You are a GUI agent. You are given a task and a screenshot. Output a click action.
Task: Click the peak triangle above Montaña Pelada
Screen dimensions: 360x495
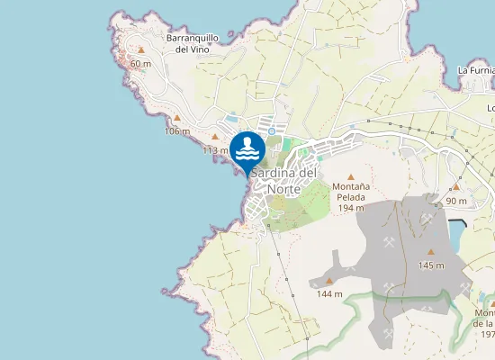coord(350,176)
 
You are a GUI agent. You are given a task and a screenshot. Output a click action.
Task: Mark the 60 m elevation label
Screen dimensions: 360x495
coord(140,64)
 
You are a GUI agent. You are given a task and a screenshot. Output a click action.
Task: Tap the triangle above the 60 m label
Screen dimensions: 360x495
coord(140,50)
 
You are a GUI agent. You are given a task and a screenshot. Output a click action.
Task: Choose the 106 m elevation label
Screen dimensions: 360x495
coord(177,131)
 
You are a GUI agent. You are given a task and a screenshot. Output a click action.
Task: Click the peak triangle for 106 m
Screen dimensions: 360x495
coord(177,118)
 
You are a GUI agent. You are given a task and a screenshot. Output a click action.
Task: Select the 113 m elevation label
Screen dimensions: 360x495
coord(215,150)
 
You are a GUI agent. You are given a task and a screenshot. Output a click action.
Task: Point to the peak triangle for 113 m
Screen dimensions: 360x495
coord(214,137)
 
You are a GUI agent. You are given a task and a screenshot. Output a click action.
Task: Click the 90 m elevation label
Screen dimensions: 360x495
coord(456,201)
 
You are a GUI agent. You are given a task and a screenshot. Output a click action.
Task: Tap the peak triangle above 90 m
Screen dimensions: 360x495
coord(456,187)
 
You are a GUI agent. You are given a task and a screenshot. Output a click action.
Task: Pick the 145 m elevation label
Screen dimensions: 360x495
coord(431,265)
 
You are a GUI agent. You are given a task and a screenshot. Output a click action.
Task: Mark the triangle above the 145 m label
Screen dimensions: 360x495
coord(431,252)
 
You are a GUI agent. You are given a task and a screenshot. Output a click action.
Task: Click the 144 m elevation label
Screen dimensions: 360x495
coord(328,294)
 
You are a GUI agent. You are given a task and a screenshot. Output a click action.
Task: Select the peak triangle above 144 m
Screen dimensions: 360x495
coord(328,281)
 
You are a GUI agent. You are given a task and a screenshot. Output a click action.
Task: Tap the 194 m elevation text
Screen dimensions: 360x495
coord(350,208)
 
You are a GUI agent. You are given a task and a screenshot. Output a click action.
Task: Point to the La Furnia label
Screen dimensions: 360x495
coord(476,69)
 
